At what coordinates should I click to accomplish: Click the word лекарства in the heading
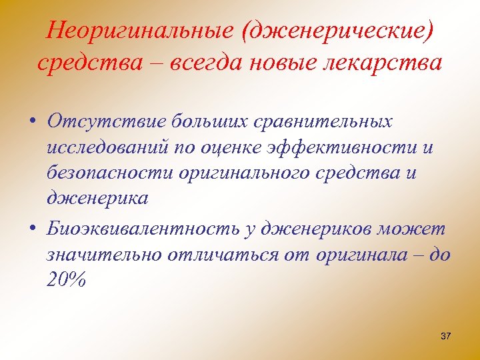tap(383, 63)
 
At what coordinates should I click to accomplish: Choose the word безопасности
tap(110, 173)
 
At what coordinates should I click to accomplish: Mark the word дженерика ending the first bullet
tap(98, 198)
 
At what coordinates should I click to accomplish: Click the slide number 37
tap(446, 336)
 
